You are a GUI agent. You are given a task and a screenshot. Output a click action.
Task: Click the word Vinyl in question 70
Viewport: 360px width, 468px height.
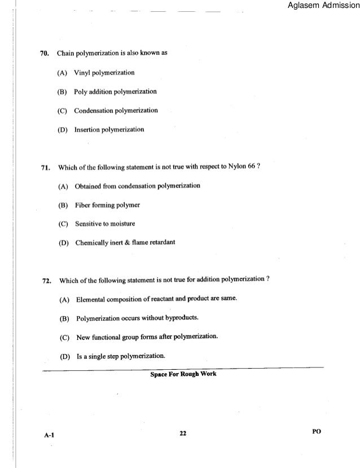pos(85,73)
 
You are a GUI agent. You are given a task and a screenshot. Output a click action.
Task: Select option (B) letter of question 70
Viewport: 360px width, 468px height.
pos(62,91)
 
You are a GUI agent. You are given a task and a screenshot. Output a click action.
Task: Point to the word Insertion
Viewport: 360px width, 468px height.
pos(89,129)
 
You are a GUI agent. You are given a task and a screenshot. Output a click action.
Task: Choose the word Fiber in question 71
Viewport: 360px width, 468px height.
pos(84,205)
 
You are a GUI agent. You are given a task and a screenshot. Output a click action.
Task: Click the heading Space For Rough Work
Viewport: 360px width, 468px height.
pos(183,374)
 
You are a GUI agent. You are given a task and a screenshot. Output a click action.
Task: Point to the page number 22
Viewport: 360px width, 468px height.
pos(182,433)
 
